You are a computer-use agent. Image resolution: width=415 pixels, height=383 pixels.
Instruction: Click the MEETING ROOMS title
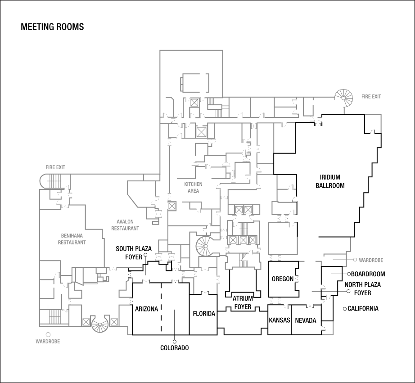(52, 27)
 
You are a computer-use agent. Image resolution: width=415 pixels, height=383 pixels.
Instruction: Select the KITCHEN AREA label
(193, 187)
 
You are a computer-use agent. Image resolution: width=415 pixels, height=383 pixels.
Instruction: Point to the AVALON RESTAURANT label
(125, 225)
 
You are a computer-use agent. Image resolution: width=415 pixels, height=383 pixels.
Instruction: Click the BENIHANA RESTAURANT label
(72, 239)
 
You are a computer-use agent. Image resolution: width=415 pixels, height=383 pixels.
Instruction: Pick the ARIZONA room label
(146, 309)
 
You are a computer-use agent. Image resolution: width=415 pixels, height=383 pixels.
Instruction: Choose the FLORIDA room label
(204, 314)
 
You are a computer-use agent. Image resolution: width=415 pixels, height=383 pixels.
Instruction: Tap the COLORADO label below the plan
(174, 348)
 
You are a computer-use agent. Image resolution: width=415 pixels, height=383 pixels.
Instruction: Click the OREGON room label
(283, 279)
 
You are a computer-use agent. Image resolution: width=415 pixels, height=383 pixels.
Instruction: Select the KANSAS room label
(279, 320)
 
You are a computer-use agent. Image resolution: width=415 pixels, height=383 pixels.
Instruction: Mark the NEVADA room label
(306, 320)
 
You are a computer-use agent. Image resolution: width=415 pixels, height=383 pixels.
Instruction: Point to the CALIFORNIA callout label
(363, 309)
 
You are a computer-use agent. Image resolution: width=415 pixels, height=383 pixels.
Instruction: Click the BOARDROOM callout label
(368, 274)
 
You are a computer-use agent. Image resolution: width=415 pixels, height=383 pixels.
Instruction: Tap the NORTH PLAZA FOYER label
(363, 288)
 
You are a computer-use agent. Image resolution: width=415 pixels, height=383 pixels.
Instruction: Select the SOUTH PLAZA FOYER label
(133, 252)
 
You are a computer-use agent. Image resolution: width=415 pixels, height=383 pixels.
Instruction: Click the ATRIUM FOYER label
(243, 303)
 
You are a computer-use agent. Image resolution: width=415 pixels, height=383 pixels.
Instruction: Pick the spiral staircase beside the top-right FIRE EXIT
(345, 95)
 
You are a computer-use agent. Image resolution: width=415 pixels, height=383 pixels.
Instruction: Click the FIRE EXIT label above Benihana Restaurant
(55, 167)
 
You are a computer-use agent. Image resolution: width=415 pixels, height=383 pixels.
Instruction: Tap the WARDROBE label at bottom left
(47, 342)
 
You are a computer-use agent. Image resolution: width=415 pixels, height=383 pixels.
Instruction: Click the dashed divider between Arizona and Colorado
(161, 309)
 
